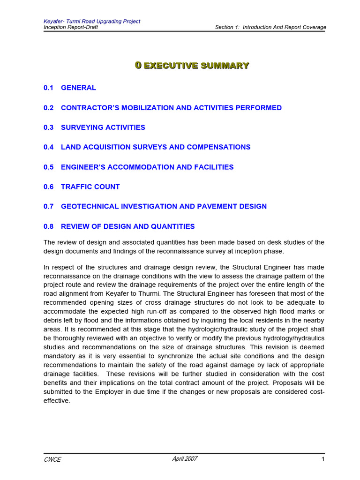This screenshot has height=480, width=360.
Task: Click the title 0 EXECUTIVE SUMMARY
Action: pos(192,66)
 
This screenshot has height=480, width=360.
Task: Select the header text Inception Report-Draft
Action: pos(71,27)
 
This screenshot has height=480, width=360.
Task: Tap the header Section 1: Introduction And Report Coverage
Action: pos(270,27)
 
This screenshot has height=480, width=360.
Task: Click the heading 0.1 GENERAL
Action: pos(70,88)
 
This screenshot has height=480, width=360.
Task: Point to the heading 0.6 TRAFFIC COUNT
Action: pos(82,187)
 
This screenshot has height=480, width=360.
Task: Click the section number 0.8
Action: pos(49,226)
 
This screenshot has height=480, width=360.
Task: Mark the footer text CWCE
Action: pos(52,459)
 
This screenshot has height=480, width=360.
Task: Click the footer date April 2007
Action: pos(185,459)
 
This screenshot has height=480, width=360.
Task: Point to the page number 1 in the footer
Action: pos(323,459)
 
